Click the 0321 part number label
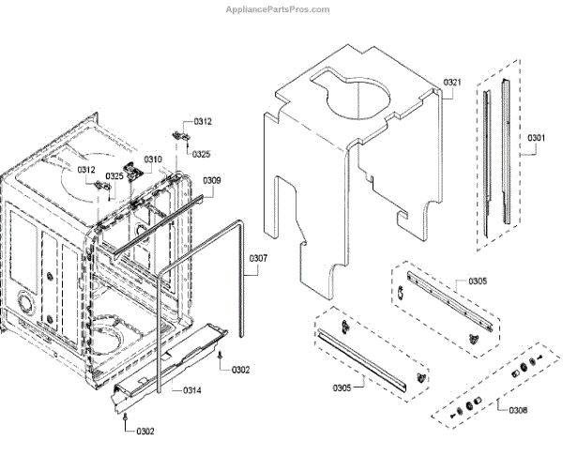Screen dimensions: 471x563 (453, 83)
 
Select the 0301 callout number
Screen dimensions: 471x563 (536, 138)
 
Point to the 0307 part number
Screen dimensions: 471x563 (258, 258)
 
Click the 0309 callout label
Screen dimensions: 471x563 (212, 180)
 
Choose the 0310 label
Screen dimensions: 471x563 (153, 160)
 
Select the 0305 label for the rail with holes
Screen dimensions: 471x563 (478, 281)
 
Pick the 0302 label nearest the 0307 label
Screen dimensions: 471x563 (241, 370)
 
